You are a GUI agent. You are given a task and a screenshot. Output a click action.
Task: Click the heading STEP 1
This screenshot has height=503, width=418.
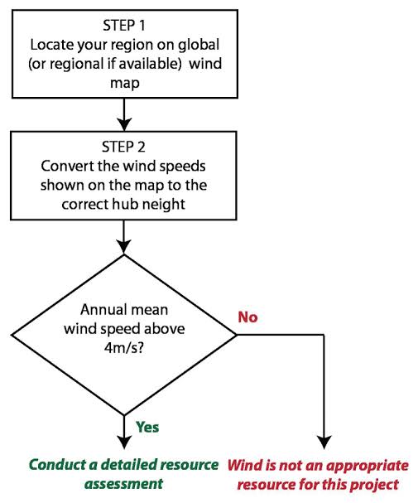pyautogui.click(x=124, y=26)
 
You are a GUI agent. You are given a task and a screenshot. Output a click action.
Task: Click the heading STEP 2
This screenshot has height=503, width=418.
pyautogui.click(x=123, y=147)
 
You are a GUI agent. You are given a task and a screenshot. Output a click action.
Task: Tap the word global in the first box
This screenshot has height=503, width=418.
pyautogui.click(x=199, y=45)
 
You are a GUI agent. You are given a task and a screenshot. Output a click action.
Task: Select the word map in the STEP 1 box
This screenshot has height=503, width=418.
pyautogui.click(x=125, y=83)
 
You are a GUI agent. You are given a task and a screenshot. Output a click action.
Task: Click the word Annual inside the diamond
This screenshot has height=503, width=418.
pyautogui.click(x=101, y=310)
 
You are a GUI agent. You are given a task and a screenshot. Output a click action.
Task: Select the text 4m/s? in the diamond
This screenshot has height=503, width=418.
pyautogui.click(x=124, y=347)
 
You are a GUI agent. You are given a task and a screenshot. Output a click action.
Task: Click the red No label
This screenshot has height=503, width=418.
pyautogui.click(x=247, y=317)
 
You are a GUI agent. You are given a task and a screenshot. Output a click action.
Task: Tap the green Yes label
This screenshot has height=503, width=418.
pyautogui.click(x=147, y=427)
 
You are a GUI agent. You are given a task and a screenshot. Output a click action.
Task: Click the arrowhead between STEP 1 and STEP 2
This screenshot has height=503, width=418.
pyautogui.click(x=124, y=124)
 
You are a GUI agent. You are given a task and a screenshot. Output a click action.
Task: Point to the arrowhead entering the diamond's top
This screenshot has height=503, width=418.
pyautogui.click(x=124, y=247)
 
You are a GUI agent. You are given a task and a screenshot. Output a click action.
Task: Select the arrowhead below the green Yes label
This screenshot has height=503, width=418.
pyautogui.click(x=124, y=442)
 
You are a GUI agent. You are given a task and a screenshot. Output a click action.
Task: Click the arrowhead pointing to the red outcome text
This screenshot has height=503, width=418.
pyautogui.click(x=324, y=442)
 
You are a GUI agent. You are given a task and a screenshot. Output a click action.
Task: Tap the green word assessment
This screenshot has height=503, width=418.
pyautogui.click(x=124, y=483)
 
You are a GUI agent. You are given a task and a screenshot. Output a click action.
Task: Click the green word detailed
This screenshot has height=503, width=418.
pyautogui.click(x=129, y=465)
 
